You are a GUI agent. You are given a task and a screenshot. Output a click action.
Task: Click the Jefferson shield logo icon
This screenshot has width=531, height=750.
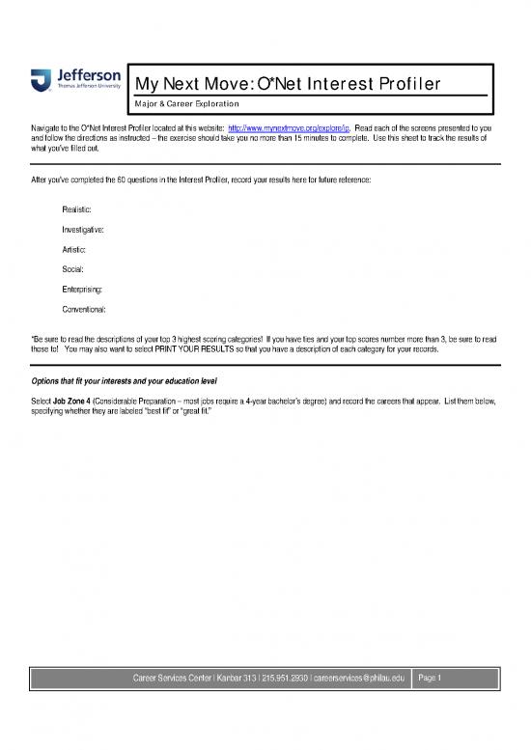pos(40,80)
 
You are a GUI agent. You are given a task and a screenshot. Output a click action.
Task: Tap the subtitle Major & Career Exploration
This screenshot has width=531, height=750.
pos(188,103)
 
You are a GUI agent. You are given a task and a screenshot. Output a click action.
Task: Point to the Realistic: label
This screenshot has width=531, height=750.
pos(79,209)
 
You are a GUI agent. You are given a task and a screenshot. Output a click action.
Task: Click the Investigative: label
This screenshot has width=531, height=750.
pos(85,230)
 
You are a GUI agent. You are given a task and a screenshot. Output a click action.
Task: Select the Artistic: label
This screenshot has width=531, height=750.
pos(75,250)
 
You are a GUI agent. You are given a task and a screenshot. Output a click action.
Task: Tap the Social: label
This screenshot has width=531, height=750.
pos(74,269)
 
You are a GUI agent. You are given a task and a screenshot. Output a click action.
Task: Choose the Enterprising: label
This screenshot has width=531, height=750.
pos(83,290)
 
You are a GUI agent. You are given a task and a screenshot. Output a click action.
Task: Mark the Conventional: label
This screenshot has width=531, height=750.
pos(84,310)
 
